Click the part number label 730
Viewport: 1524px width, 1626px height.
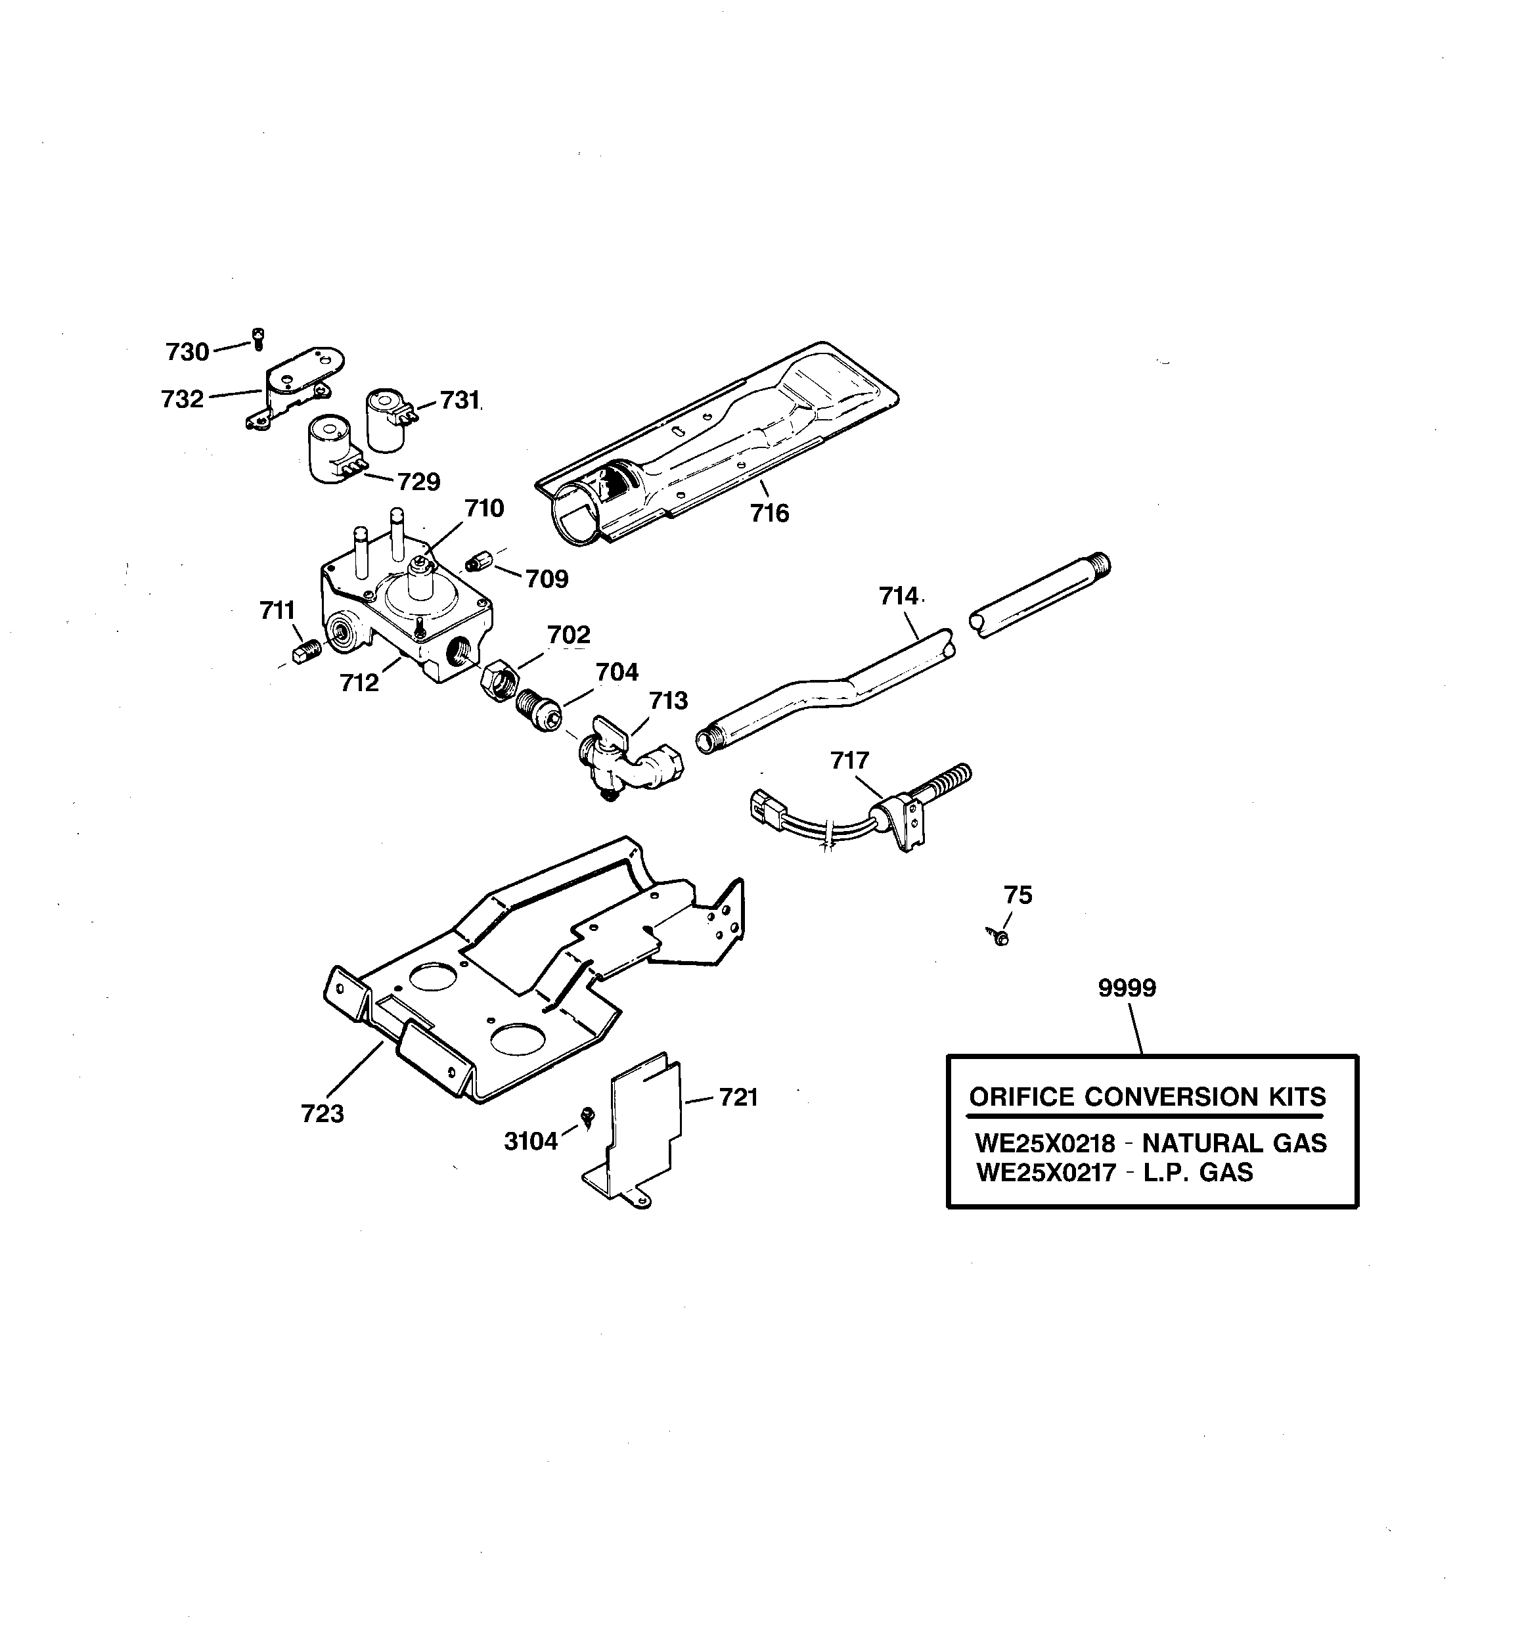(x=187, y=353)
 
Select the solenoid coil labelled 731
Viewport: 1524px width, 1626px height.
(x=386, y=420)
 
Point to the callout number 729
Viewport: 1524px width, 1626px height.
(x=419, y=482)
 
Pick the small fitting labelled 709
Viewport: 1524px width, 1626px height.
(x=474, y=563)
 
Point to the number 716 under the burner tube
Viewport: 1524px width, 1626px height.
(x=770, y=514)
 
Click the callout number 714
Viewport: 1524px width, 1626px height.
(x=898, y=597)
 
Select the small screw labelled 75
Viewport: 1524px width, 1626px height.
(x=1000, y=936)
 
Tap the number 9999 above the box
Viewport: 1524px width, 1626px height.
(x=1127, y=988)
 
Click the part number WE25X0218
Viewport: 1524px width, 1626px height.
(x=1044, y=1142)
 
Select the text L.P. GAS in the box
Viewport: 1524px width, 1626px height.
(x=1198, y=1173)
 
